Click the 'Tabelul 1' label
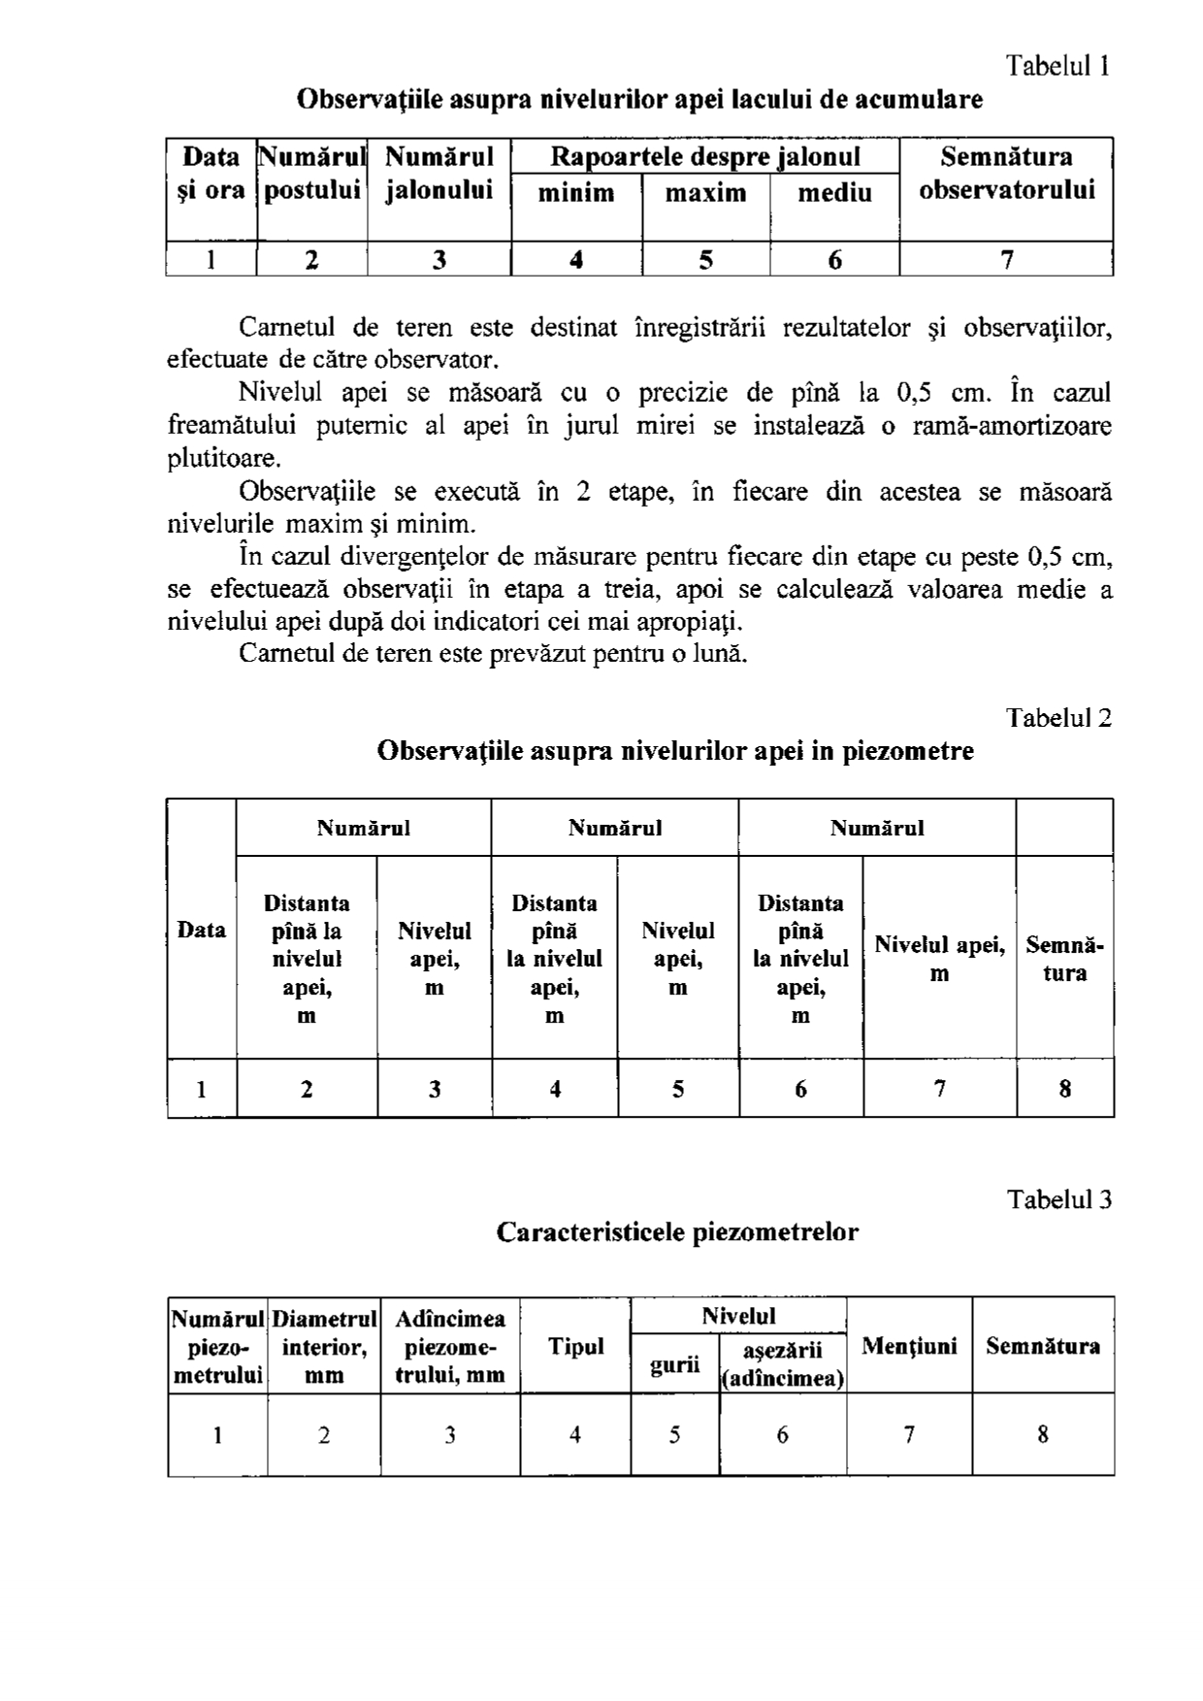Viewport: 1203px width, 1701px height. (1057, 66)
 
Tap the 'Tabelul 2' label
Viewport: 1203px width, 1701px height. (1058, 718)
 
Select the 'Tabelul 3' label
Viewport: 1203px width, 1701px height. (1058, 1200)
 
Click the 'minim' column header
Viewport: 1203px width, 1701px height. (576, 193)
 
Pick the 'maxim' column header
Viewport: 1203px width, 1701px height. (705, 193)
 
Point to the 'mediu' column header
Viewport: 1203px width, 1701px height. (834, 193)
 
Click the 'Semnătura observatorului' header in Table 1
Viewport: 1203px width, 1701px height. (1006, 174)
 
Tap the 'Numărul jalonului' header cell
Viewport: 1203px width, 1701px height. (439, 174)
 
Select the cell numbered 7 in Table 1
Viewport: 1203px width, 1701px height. (1006, 260)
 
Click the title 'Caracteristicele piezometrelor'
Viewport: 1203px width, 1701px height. (677, 1232)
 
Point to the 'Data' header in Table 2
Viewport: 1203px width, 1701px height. (202, 931)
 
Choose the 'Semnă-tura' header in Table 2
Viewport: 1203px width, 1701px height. (1064, 959)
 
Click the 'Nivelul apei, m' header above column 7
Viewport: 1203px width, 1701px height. (939, 959)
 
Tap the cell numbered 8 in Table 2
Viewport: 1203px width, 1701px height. (1064, 1090)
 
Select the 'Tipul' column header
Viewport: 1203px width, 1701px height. (575, 1347)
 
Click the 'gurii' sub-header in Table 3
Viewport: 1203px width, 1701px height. (675, 1365)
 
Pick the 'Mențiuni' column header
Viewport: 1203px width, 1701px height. (909, 1347)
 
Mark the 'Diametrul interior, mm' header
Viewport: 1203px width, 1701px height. (324, 1347)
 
